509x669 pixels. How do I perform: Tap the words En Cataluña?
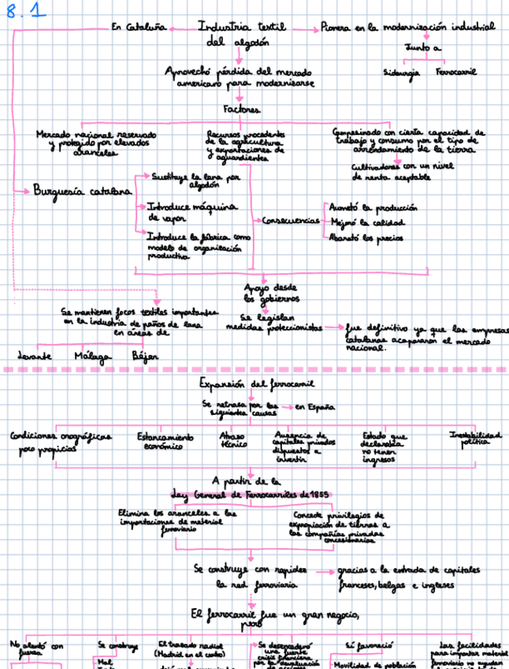tap(138, 28)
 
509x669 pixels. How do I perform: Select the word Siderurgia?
tap(403, 72)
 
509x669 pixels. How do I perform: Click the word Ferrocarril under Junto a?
tap(455, 72)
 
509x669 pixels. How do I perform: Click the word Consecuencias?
tap(290, 220)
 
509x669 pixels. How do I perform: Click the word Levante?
tap(35, 356)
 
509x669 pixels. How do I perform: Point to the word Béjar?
tap(144, 356)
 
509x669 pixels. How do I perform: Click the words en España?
tap(314, 407)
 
